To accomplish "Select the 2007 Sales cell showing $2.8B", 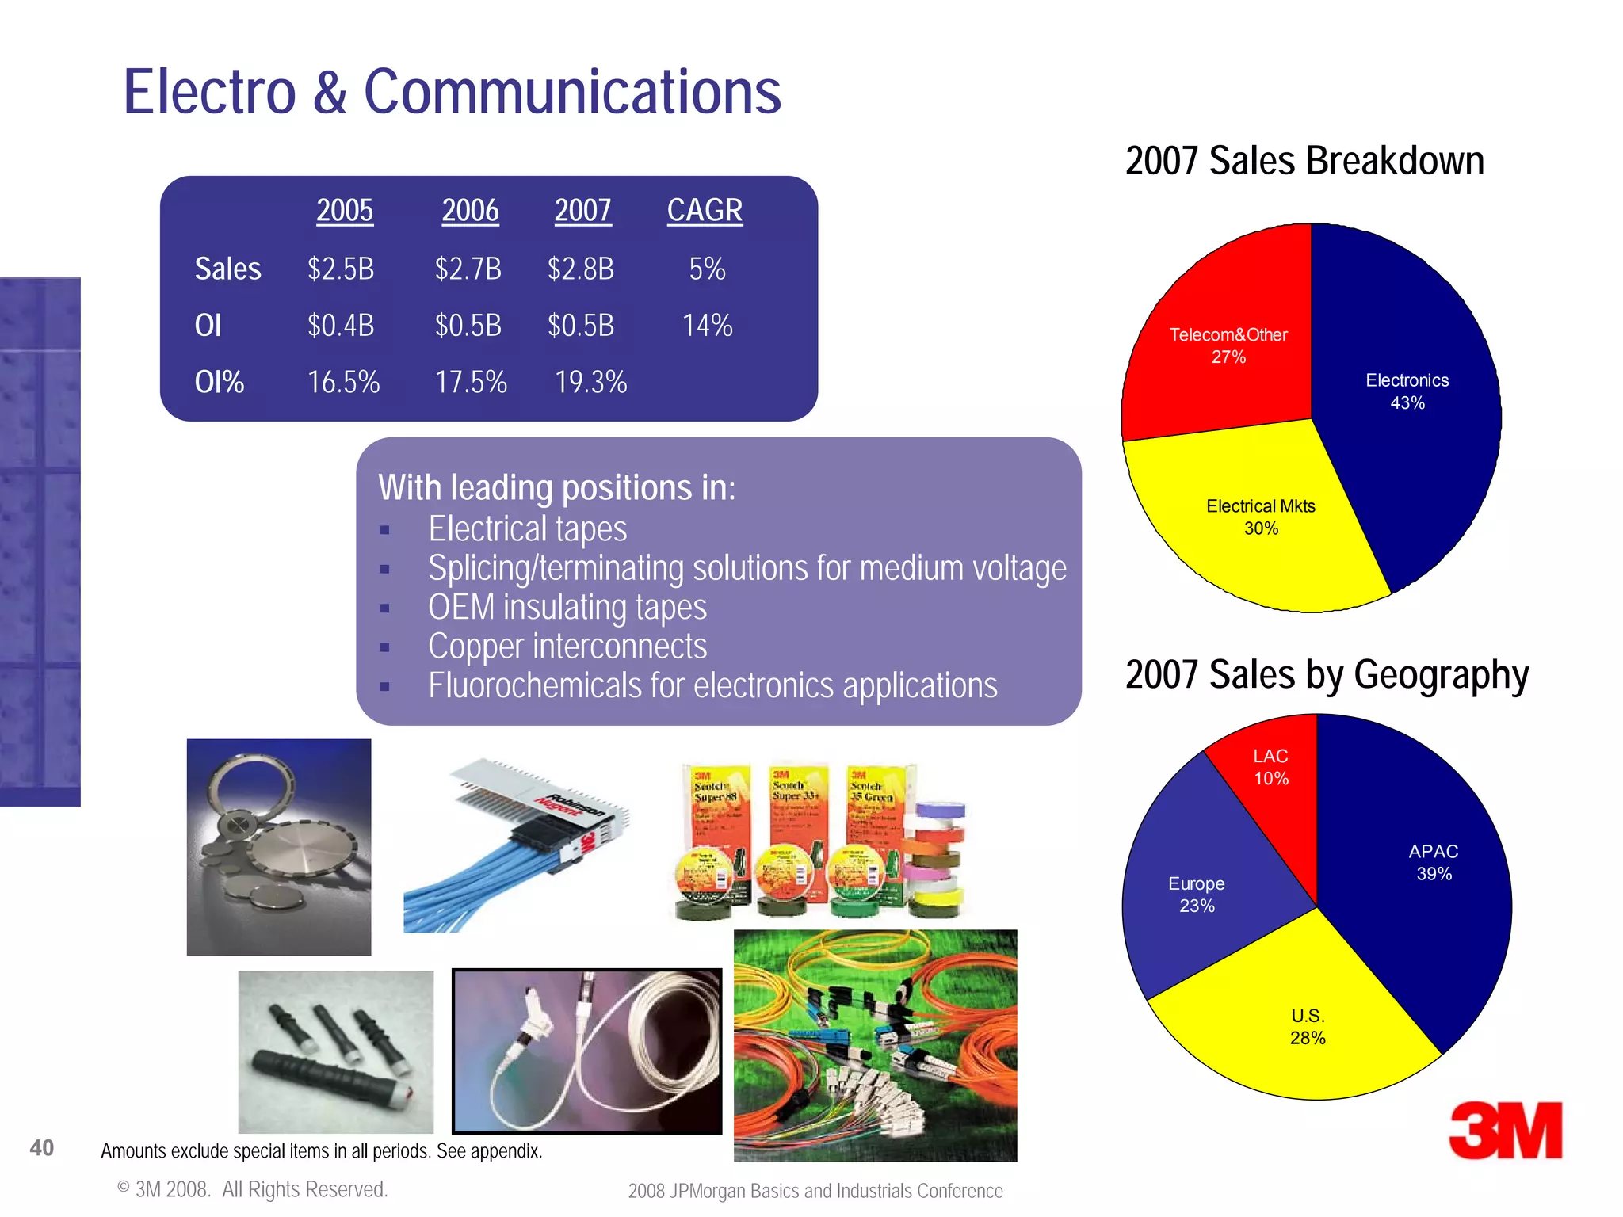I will point(581,269).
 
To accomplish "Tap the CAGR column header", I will point(705,211).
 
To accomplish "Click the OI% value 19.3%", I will point(590,383).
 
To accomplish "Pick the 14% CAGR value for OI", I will point(707,326).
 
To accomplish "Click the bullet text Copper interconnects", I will point(567,647).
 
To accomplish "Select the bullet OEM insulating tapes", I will point(567,608).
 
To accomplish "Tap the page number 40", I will point(42,1147).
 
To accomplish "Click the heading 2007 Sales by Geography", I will point(1327,675).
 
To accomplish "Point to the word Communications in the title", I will point(572,92).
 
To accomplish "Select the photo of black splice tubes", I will point(336,1051).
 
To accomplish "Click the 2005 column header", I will point(345,211).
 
